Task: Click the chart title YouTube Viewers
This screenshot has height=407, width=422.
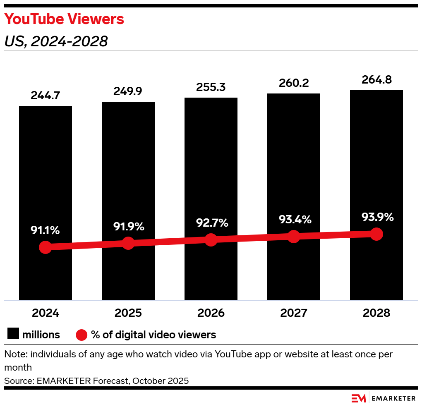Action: click(64, 19)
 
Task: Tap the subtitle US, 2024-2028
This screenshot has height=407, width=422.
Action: click(56, 41)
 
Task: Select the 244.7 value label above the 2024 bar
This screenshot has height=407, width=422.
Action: click(46, 96)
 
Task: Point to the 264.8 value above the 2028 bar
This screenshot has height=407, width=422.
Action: click(376, 80)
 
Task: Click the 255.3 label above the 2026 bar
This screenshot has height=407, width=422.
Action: click(211, 88)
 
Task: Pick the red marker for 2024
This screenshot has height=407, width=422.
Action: click(46, 247)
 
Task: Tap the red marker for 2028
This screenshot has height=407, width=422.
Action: click(376, 234)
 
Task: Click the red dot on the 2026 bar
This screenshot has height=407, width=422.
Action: click(211, 240)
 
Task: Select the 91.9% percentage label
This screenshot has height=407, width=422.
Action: click(129, 227)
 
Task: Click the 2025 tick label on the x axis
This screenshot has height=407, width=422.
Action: click(128, 313)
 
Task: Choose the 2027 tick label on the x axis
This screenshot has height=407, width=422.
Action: click(294, 313)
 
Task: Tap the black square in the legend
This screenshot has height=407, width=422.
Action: click(13, 334)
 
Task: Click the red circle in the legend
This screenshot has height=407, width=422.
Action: click(82, 334)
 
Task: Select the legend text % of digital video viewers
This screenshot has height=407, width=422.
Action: click(153, 334)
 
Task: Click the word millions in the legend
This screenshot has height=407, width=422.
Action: click(41, 334)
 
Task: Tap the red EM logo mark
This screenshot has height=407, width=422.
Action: click(359, 398)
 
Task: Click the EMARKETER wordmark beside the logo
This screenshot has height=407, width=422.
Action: click(394, 398)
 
